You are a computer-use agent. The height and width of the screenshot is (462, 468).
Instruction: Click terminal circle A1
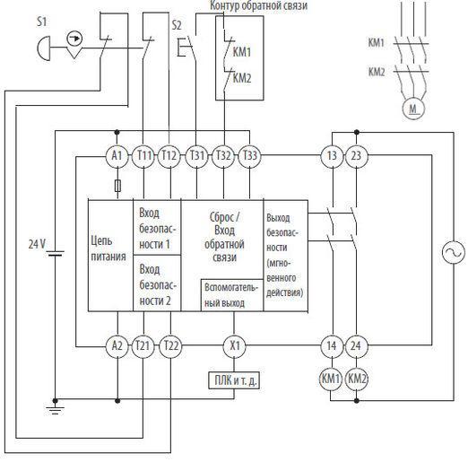[x=117, y=156]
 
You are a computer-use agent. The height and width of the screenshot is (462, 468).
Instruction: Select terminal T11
[x=143, y=156]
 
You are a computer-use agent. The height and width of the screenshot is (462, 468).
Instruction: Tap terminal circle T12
[x=169, y=156]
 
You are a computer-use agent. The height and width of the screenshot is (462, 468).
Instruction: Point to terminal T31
[x=196, y=156]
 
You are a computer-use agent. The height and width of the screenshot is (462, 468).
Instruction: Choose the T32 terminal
[x=223, y=156]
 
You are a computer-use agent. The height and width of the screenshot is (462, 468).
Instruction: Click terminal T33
[x=249, y=156]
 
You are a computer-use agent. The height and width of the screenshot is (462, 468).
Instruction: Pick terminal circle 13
[x=332, y=156]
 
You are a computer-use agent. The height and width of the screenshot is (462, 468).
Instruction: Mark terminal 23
[x=357, y=156]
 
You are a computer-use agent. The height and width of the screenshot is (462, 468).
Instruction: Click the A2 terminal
[x=117, y=346]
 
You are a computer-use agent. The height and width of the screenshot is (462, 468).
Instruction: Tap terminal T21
[x=143, y=346]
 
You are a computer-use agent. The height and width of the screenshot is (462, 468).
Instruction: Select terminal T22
[x=170, y=346]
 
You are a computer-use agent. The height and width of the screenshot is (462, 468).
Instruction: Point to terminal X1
[x=235, y=346]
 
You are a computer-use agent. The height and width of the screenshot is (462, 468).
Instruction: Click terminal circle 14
[x=332, y=346]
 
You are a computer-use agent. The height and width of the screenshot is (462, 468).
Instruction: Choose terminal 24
[x=356, y=346]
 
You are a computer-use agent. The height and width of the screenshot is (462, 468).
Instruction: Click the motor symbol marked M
[x=413, y=109]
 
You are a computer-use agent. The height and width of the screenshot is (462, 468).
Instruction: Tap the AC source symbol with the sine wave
[x=454, y=252]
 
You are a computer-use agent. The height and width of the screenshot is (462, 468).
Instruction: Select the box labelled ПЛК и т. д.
[x=234, y=380]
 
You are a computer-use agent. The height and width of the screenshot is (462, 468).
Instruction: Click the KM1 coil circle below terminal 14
[x=331, y=379]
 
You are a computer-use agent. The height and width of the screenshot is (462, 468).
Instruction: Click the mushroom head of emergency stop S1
[x=44, y=48]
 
